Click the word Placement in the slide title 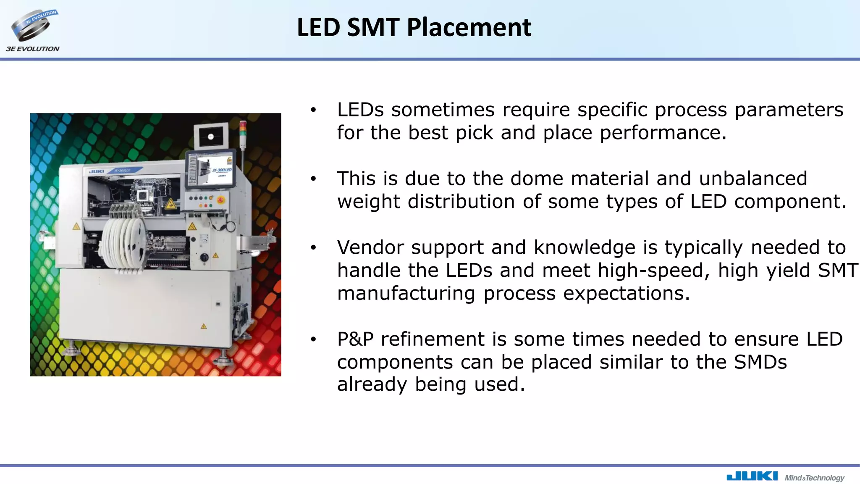tap(469, 28)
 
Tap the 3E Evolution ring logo tap(33, 26)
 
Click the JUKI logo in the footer tap(752, 476)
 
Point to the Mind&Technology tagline tap(814, 478)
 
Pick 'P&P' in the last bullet tap(355, 339)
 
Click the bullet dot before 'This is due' tap(313, 179)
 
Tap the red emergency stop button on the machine tap(220, 200)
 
